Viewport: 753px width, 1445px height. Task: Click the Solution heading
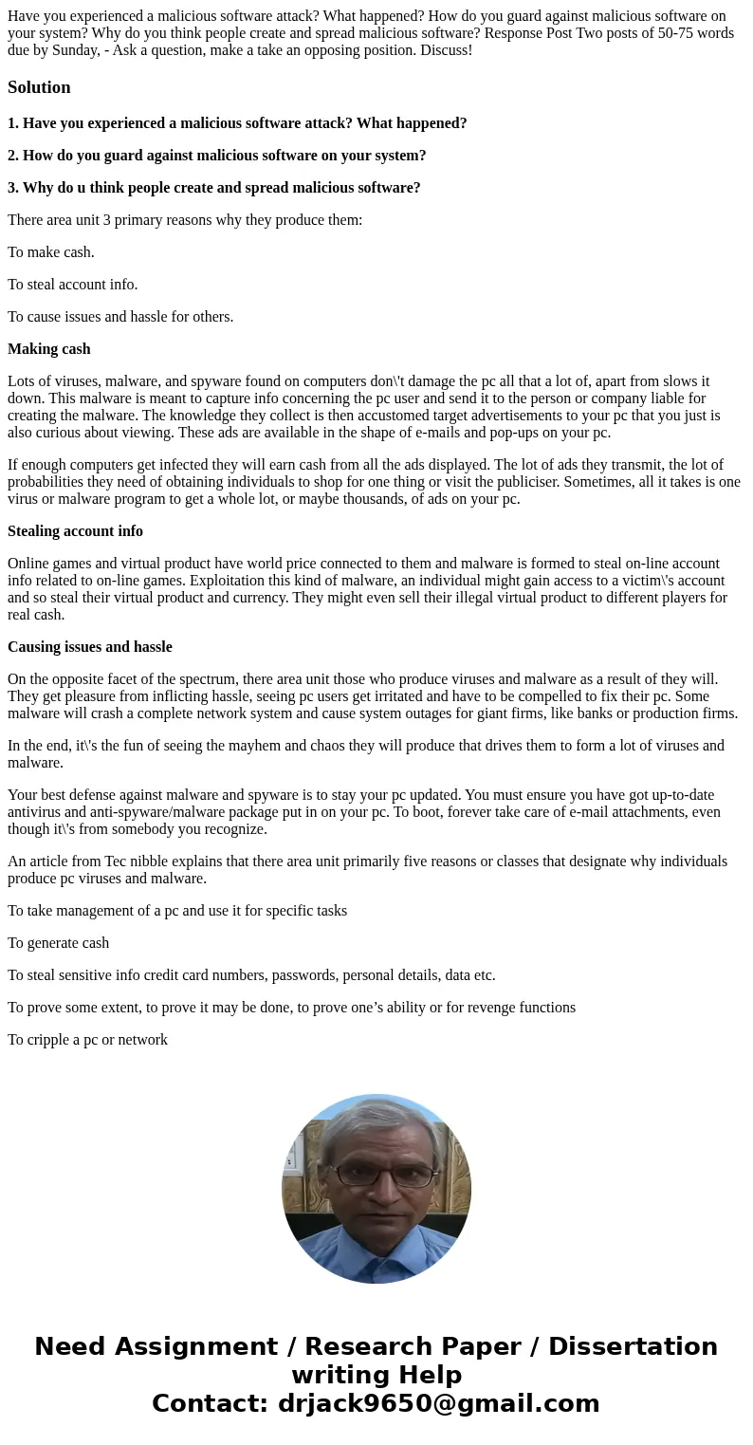[39, 87]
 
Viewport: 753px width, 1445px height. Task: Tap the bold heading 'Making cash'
[49, 349]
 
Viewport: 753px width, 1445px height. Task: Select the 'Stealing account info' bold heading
[75, 531]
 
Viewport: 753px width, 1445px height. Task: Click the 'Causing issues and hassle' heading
[90, 647]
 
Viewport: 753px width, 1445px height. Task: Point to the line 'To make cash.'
[51, 252]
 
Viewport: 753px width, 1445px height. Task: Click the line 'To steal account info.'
[73, 285]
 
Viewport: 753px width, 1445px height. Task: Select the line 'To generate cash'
[59, 943]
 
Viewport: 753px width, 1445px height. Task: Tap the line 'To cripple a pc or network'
[87, 1040]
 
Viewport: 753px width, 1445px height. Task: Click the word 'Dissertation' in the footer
[633, 1346]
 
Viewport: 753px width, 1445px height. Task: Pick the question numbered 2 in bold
[216, 156]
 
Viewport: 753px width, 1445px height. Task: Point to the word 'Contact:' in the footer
[211, 1403]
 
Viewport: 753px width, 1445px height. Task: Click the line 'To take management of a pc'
[177, 911]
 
